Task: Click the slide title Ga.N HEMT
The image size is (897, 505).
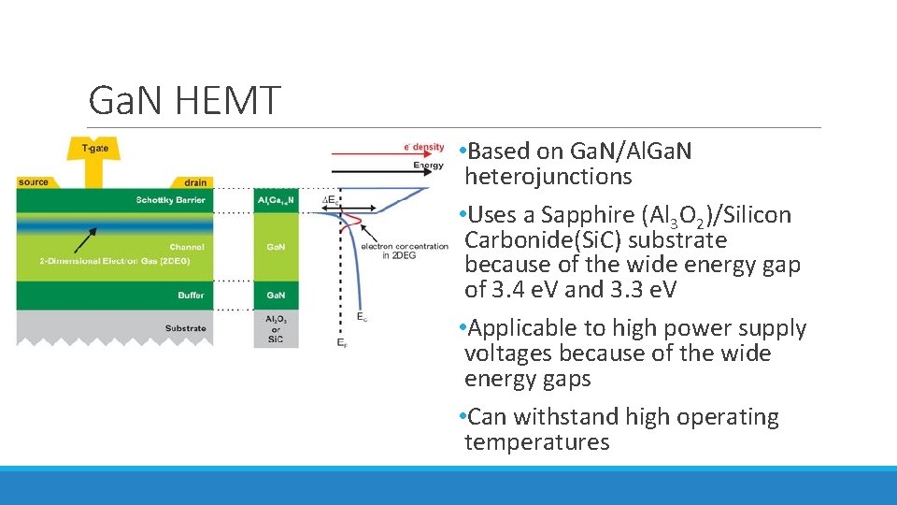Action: [x=183, y=100]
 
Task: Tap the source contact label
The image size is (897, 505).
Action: [x=33, y=182]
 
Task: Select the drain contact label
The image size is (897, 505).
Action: [x=195, y=182]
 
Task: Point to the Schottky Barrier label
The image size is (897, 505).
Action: [x=169, y=200]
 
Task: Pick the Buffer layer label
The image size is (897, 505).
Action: [x=191, y=296]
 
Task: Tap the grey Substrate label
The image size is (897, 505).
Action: [x=185, y=328]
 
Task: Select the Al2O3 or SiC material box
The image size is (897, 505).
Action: [x=276, y=329]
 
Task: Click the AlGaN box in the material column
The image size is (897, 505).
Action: [x=276, y=200]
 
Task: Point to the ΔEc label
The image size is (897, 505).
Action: [x=329, y=200]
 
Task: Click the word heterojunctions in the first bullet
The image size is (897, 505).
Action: [x=548, y=177]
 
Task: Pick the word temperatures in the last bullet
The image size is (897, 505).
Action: [x=536, y=442]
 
